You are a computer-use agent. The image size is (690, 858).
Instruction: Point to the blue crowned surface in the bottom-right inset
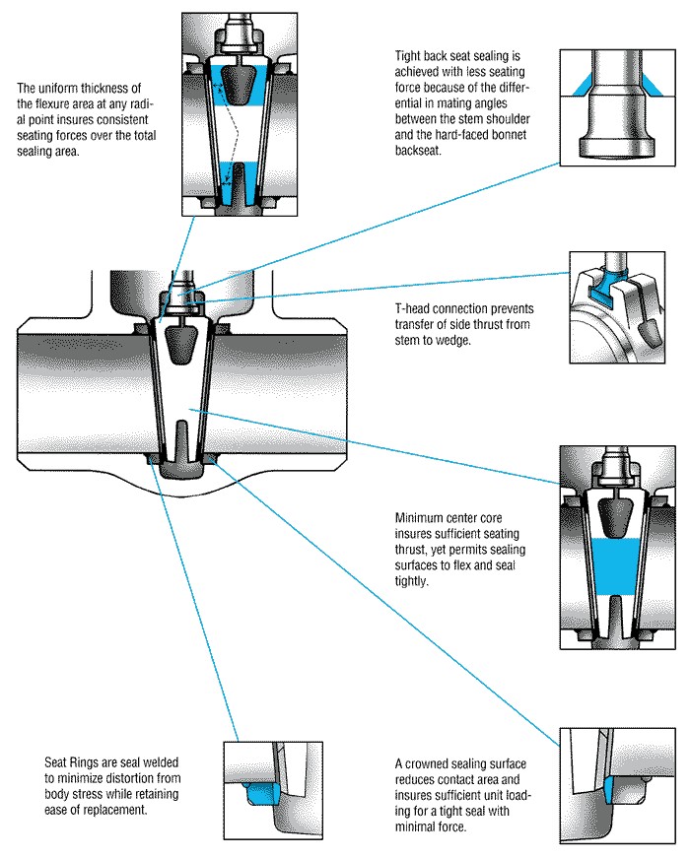click(608, 786)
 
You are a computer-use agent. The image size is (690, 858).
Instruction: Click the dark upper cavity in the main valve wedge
click(182, 344)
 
